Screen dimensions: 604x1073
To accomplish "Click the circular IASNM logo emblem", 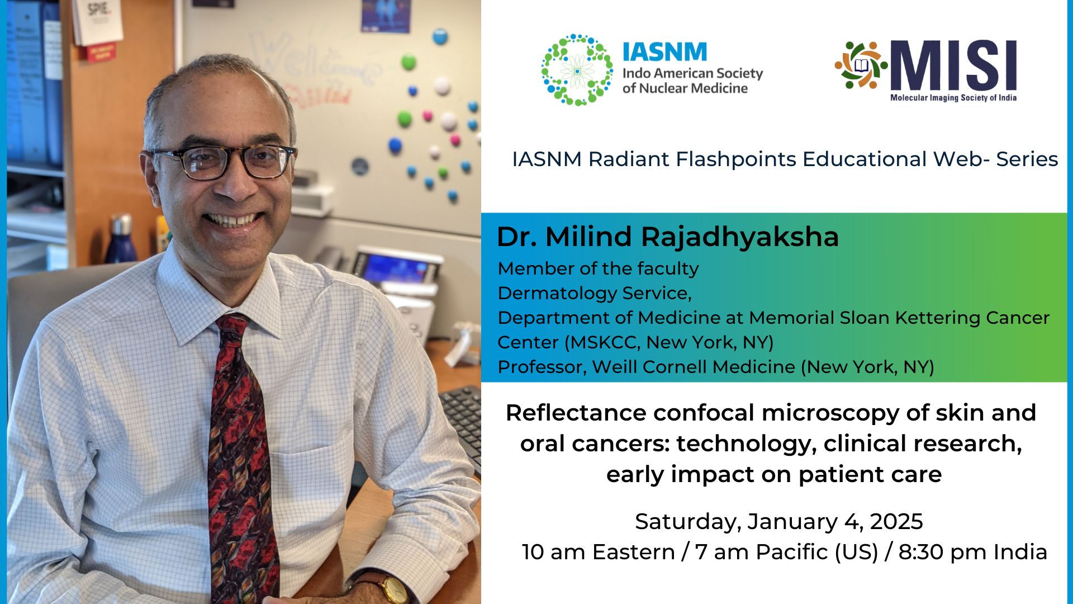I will pyautogui.click(x=577, y=70).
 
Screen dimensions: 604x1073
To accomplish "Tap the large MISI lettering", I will pyautogui.click(x=953, y=66).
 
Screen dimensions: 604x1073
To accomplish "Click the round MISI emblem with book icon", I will pyautogui.click(x=861, y=65).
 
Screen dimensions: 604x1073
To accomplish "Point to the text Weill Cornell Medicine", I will pyautogui.click(x=694, y=367).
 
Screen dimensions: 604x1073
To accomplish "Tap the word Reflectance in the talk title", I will pyautogui.click(x=576, y=413).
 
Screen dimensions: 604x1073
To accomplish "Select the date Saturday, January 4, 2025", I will pyautogui.click(x=778, y=521).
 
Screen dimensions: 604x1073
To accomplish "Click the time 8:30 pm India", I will pyautogui.click(x=972, y=552).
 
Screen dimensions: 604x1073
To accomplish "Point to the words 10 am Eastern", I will pyautogui.click(x=598, y=552).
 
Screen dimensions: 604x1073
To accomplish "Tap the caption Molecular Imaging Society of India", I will pyautogui.click(x=953, y=98).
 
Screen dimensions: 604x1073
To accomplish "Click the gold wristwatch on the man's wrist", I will pyautogui.click(x=395, y=589).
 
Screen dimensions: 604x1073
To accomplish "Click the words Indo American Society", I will pyautogui.click(x=692, y=73).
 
